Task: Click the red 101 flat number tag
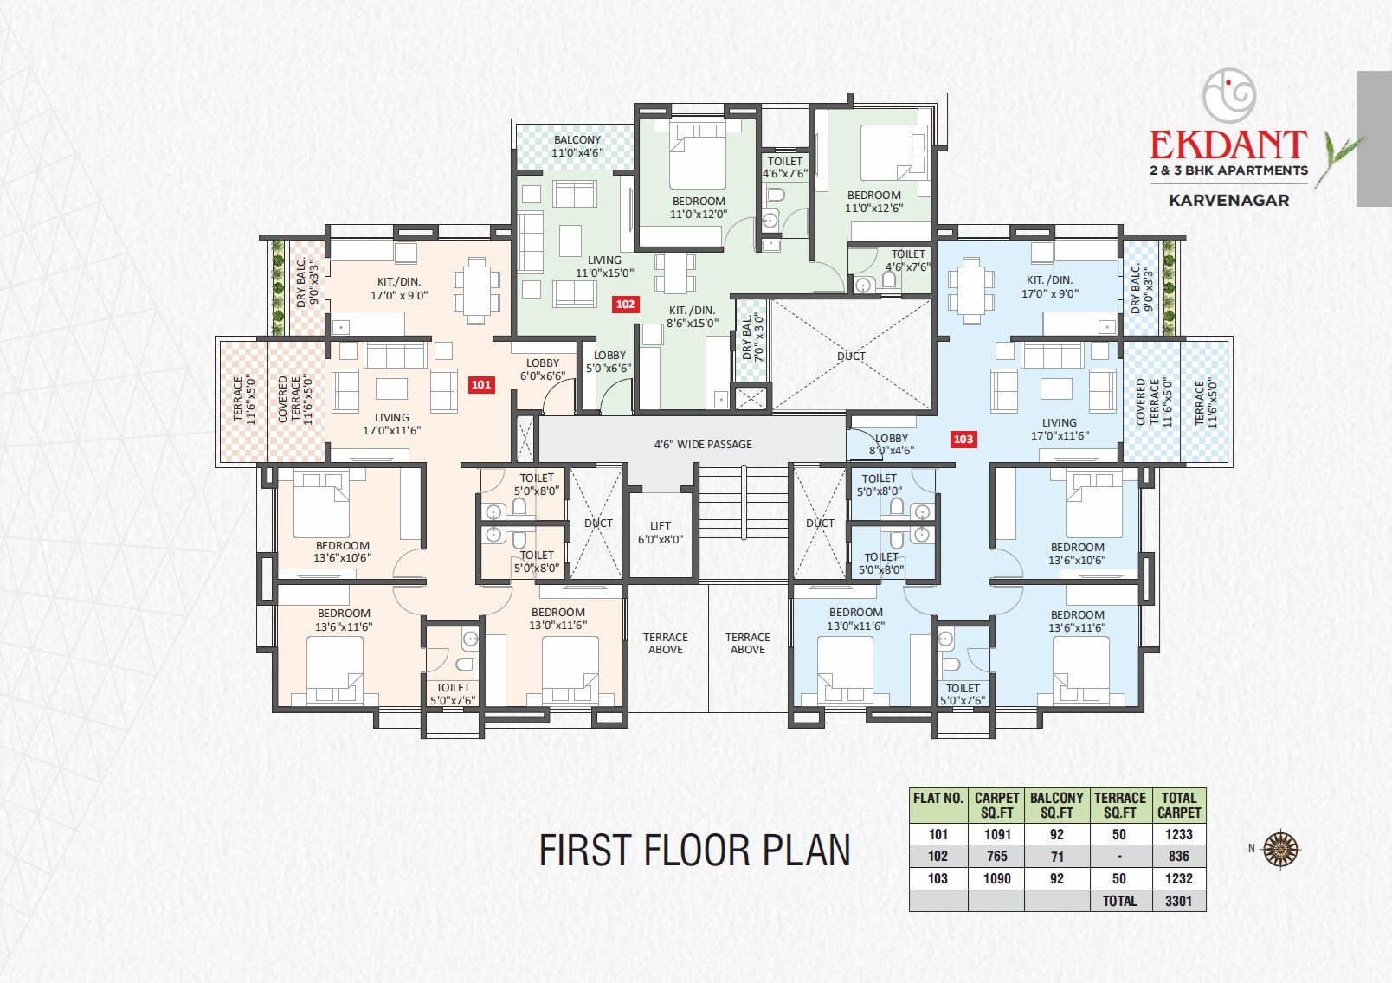click(x=481, y=385)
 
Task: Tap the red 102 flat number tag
click(x=625, y=305)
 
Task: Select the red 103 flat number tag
click(x=963, y=440)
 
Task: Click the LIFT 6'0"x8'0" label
click(x=661, y=532)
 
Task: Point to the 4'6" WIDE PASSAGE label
click(x=703, y=445)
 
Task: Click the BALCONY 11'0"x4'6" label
click(x=577, y=146)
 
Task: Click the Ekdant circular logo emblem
click(x=1229, y=95)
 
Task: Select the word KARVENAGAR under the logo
click(x=1228, y=200)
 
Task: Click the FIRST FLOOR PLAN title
click(x=694, y=851)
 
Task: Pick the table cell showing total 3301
click(x=1178, y=901)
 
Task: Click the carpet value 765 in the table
click(x=996, y=857)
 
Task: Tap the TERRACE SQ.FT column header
click(x=1119, y=806)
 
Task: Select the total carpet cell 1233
click(x=1178, y=835)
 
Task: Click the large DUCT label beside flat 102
click(x=851, y=356)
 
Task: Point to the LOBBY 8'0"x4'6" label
click(x=892, y=444)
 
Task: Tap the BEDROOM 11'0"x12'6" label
click(x=873, y=202)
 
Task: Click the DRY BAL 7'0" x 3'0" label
click(x=752, y=337)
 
